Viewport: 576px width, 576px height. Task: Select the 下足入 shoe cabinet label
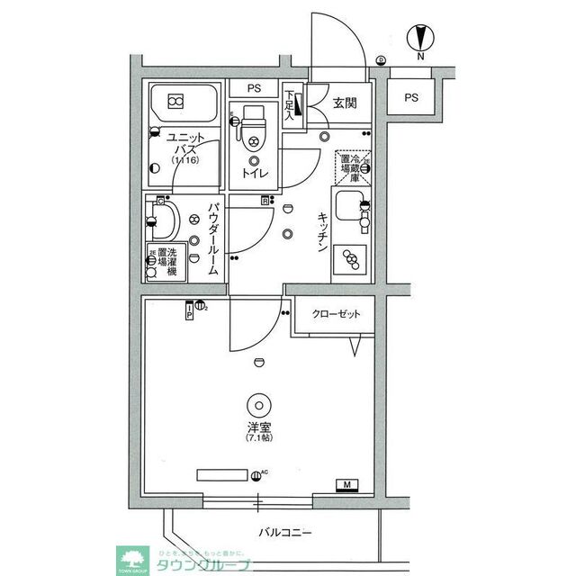coord(290,104)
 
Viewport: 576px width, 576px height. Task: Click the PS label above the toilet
coord(253,90)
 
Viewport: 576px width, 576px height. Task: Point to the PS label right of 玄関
coord(411,98)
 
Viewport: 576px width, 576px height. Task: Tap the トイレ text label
coord(253,172)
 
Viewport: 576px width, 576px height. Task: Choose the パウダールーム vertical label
coord(213,238)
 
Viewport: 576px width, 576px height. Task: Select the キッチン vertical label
coord(321,235)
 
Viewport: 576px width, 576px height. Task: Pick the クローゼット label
coord(336,314)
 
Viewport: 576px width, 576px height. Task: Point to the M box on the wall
coord(346,487)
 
